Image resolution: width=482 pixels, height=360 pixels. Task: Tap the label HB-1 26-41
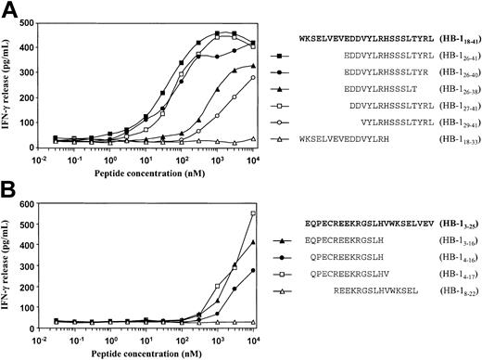451,57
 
